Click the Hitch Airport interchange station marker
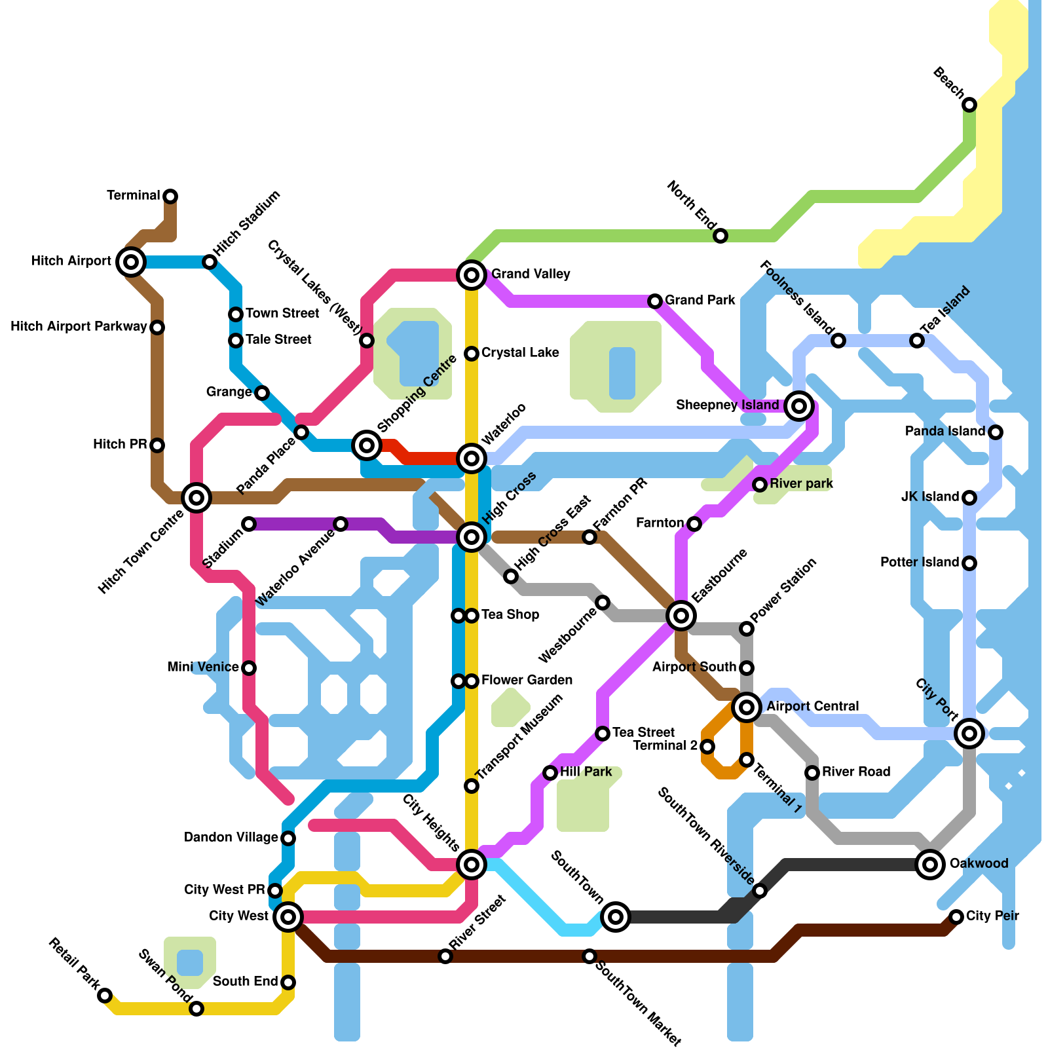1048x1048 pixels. click(x=131, y=262)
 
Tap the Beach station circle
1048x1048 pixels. click(x=969, y=105)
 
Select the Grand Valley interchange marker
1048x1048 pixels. click(x=472, y=275)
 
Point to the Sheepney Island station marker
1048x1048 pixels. click(x=798, y=406)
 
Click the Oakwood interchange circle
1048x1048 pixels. click(x=930, y=865)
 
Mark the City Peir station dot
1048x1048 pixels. click(x=956, y=917)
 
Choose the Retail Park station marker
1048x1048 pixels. click(x=105, y=996)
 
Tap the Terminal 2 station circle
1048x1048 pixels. click(x=707, y=747)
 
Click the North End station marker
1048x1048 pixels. click(x=720, y=236)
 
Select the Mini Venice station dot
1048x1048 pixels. click(x=249, y=668)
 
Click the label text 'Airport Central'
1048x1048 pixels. click(x=812, y=707)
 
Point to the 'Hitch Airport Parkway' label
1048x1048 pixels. click(x=79, y=327)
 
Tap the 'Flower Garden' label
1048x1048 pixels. click(x=527, y=681)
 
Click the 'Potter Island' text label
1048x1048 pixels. click(x=919, y=563)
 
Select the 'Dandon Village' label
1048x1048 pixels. click(x=231, y=838)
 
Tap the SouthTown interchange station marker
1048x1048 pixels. click(x=616, y=917)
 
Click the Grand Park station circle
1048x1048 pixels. click(x=655, y=301)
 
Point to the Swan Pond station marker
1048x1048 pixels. click(x=196, y=1009)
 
